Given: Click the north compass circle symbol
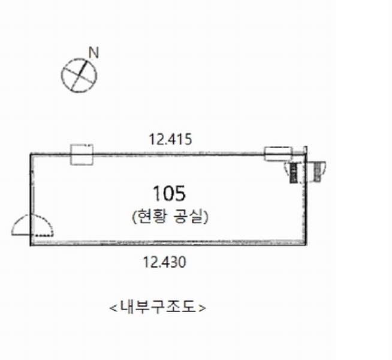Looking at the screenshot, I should pyautogui.click(x=79, y=74).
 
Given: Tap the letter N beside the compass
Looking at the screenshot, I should pyautogui.click(x=93, y=53).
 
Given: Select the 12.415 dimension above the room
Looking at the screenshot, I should pyautogui.click(x=170, y=140).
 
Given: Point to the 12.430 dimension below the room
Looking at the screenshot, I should pyautogui.click(x=165, y=262).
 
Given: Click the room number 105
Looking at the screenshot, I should pyautogui.click(x=170, y=193).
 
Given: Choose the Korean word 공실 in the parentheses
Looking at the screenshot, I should pyautogui.click(x=186, y=217).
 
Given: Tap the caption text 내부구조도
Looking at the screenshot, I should pyautogui.click(x=158, y=308).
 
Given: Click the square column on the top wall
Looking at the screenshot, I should pyautogui.click(x=82, y=154).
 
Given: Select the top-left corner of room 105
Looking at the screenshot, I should pyautogui.click(x=31, y=154).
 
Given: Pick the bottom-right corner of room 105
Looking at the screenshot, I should pyautogui.click(x=306, y=244).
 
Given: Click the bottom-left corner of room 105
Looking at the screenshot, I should pyautogui.click(x=31, y=244).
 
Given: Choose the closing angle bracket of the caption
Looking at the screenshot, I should pyautogui.click(x=203, y=308).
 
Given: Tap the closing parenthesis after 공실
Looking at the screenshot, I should pyautogui.click(x=205, y=217).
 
